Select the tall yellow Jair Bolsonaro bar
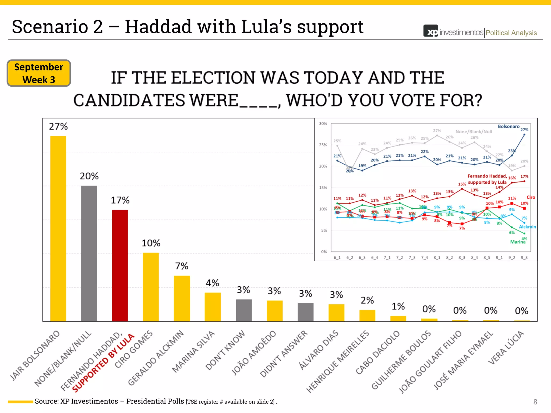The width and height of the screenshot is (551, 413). (58, 229)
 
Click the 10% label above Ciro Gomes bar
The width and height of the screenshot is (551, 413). (151, 243)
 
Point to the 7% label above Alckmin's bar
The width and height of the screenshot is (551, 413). (182, 266)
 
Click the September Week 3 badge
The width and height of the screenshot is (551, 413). (39, 73)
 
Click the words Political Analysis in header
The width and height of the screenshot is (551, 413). (511, 33)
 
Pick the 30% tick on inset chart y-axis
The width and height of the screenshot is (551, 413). (323, 124)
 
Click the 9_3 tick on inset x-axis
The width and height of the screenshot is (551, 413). (524, 258)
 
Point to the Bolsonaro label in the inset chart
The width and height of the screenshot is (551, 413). (508, 126)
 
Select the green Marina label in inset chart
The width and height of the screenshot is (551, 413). (518, 242)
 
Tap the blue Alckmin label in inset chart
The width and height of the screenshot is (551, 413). (527, 227)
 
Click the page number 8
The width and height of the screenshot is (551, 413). (535, 402)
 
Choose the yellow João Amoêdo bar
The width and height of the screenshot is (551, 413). (274, 311)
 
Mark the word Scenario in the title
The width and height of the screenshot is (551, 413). (50, 27)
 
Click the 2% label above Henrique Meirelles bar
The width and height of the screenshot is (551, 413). (367, 300)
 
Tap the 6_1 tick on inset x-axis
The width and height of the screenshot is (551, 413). (337, 258)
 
